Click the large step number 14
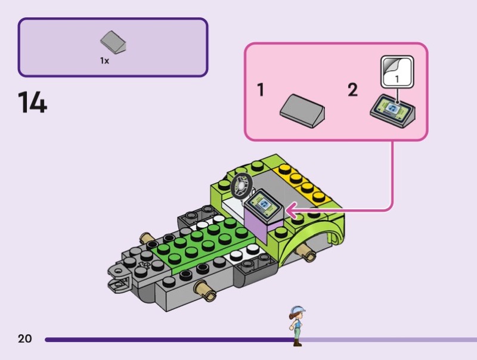[x=32, y=103]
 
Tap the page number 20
[x=24, y=339]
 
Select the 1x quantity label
[x=104, y=61]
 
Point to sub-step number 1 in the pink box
[x=261, y=91]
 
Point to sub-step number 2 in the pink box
[x=352, y=91]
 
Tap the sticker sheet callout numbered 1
[x=397, y=72]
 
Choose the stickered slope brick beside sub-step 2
[x=393, y=110]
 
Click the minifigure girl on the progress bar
[x=296, y=325]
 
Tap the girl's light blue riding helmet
[x=296, y=310]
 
